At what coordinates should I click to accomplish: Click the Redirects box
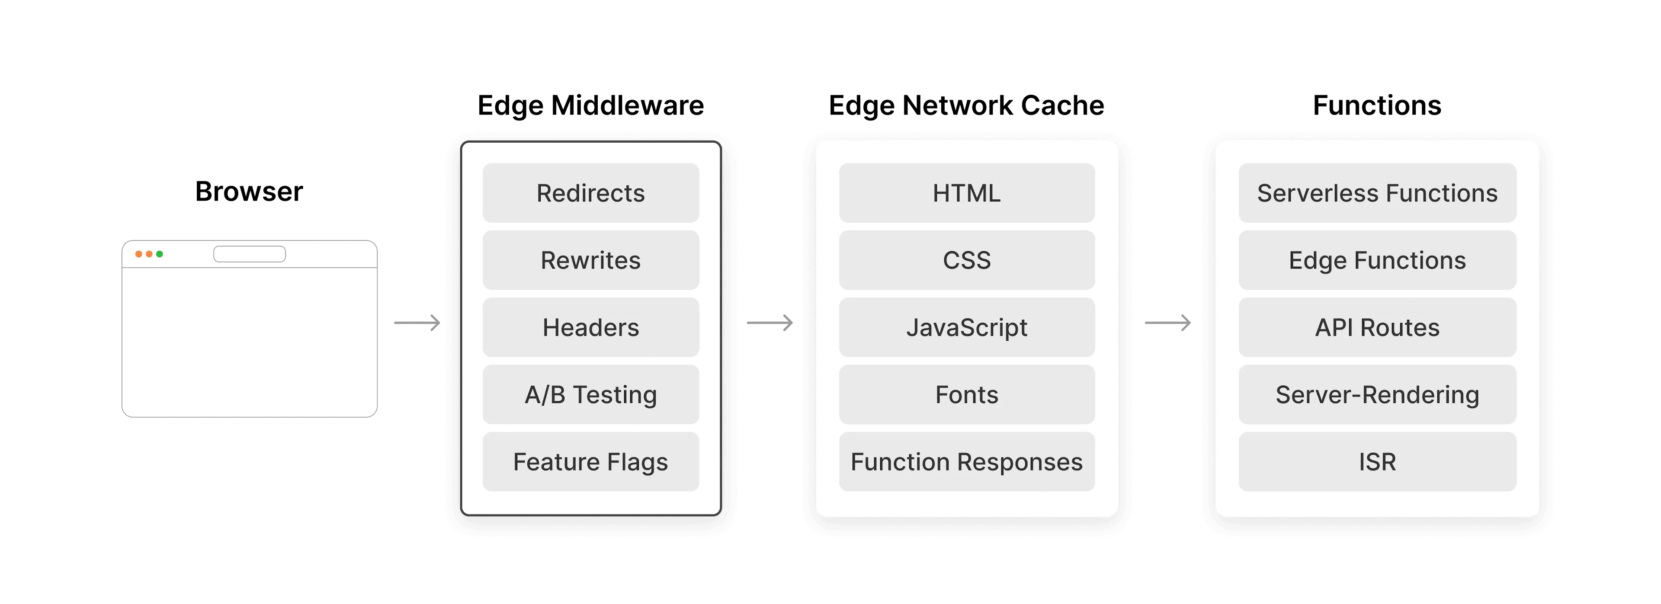click(590, 193)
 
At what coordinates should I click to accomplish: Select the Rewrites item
click(590, 260)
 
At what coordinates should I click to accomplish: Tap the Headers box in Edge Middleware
click(590, 327)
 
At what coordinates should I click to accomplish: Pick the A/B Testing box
click(590, 394)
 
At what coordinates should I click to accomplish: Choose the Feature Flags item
click(590, 462)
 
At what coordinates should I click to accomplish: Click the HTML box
click(967, 193)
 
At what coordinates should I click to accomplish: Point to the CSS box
click(967, 260)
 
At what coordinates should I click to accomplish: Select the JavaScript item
click(967, 327)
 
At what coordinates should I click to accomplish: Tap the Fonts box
click(967, 394)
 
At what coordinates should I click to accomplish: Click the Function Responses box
click(967, 462)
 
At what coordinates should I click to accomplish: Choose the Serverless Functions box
click(1377, 193)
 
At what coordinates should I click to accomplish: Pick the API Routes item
click(1377, 327)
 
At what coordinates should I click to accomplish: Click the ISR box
click(1377, 462)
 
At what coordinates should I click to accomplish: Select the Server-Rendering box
click(1377, 394)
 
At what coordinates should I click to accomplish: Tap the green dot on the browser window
click(160, 254)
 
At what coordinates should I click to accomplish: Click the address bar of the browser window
click(250, 254)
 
